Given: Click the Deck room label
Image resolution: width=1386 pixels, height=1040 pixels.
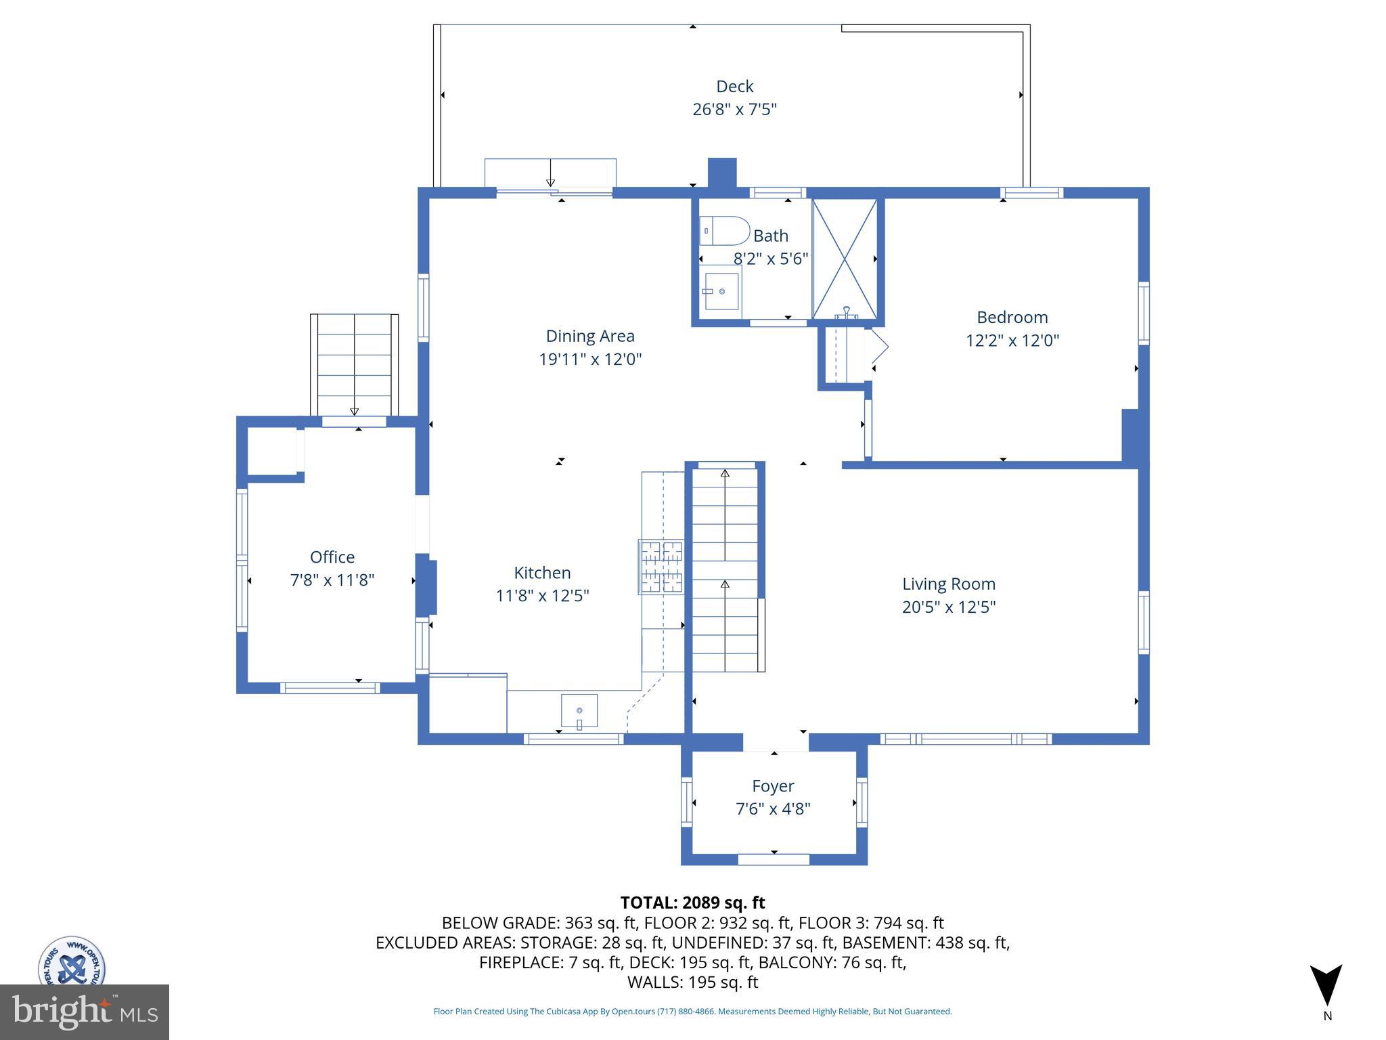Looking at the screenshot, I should tap(734, 87).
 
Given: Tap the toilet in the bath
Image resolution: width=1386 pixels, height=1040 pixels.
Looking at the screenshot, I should tap(723, 231).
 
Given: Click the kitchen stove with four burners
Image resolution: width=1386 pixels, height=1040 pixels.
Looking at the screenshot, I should tap(661, 567).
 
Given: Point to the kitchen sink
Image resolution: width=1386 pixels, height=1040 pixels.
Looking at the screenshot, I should tap(579, 710).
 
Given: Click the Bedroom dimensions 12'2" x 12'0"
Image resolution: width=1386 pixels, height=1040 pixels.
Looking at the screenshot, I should tap(1012, 340).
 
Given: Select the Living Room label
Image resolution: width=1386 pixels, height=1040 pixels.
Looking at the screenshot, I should tap(948, 584).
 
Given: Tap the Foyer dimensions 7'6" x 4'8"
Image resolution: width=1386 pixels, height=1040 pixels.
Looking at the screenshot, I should tap(773, 808).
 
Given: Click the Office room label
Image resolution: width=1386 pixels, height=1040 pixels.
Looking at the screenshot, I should tap(332, 557).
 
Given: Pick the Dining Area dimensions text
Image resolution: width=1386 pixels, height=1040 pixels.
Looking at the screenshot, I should tap(590, 359).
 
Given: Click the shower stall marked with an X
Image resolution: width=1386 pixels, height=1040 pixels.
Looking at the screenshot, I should tap(845, 259).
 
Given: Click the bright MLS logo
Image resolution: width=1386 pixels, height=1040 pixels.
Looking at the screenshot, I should tap(85, 1012).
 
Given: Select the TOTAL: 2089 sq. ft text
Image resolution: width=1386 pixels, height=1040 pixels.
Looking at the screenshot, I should tap(692, 903).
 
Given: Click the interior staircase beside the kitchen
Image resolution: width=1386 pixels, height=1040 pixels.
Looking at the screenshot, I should tap(725, 569).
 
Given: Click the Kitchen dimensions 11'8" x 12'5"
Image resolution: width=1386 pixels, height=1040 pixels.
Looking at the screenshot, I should tap(542, 596).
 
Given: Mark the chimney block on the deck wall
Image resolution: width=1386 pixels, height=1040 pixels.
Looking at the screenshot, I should tap(721, 173).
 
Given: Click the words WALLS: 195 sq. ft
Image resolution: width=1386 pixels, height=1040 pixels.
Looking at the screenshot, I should tap(692, 982).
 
